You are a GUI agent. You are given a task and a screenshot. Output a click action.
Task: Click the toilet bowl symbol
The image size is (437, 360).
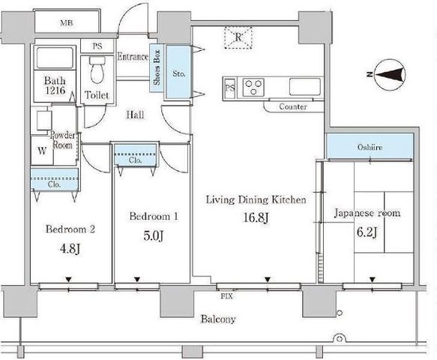click(97, 70)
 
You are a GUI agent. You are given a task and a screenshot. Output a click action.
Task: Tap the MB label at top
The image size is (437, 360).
click(67, 22)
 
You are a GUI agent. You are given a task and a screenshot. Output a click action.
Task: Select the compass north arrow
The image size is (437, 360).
click(390, 75)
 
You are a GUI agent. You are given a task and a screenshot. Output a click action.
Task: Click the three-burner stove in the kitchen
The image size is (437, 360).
click(253, 87)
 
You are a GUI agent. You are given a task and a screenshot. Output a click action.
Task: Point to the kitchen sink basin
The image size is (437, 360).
click(305, 87)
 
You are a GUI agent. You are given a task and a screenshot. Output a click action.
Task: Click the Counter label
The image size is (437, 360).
click(293, 106)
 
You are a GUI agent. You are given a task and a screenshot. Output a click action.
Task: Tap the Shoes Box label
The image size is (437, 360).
click(157, 67)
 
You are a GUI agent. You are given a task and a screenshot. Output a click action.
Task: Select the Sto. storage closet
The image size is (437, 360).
click(178, 72)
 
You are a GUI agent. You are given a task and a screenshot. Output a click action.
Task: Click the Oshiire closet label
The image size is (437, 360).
click(370, 147)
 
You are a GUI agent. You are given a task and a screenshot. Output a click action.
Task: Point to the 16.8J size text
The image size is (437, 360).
click(256, 217)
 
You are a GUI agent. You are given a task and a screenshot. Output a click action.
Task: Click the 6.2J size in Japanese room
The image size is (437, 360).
click(367, 232)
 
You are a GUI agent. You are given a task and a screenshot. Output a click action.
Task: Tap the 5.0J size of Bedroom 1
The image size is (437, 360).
click(153, 236)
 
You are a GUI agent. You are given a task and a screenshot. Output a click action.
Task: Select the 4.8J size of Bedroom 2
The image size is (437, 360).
click(70, 248)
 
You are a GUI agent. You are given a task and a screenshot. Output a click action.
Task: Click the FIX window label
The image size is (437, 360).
click(226, 296)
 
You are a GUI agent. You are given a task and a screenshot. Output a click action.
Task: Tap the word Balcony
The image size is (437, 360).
click(218, 319)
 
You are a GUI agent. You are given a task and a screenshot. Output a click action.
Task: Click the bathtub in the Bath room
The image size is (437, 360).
click(55, 58)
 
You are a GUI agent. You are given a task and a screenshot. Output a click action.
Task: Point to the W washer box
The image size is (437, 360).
click(42, 151)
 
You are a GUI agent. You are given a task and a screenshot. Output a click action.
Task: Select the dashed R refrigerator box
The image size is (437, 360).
click(238, 37)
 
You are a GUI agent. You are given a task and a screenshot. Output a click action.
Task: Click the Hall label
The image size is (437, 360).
click(135, 115)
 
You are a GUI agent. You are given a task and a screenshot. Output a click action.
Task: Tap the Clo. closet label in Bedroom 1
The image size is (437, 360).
click(136, 160)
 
